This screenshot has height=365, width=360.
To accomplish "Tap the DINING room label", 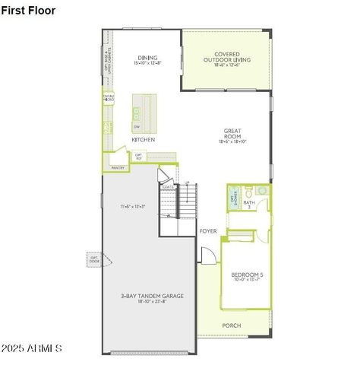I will pyautogui.click(x=147, y=58).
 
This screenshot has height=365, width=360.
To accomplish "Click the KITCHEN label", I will pyautogui.click(x=144, y=141).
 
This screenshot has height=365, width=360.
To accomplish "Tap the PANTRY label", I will pyautogui.click(x=118, y=167).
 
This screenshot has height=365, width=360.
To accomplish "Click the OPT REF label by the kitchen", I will pyautogui.click(x=138, y=157).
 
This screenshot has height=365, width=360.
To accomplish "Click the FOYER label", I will pyautogui.click(x=208, y=230).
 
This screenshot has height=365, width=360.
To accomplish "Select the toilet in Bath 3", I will pyautogui.click(x=261, y=191).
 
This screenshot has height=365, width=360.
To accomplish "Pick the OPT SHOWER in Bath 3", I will pyautogui.click(x=234, y=198).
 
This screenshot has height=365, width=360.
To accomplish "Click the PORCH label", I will pyautogui.click(x=232, y=325).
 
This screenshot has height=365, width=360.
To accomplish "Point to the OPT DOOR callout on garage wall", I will pyautogui.click(x=95, y=260).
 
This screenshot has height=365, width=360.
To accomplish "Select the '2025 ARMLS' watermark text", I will pyautogui.click(x=32, y=348).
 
